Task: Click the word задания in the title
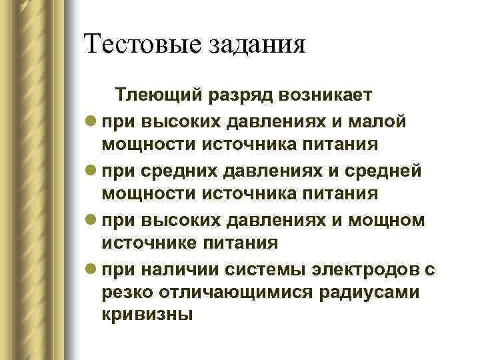(x=260, y=45)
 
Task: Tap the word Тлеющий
(x=157, y=96)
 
